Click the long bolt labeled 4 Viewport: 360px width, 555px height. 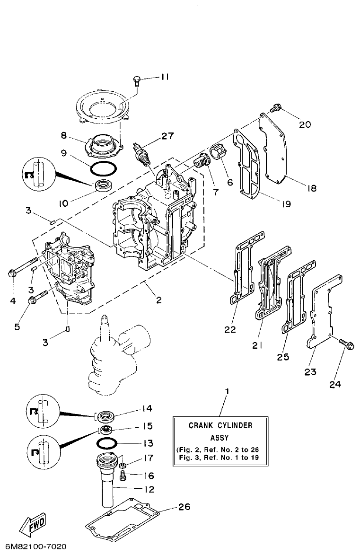[24, 266]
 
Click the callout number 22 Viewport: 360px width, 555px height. [230, 330]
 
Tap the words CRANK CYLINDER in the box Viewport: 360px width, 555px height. [220, 425]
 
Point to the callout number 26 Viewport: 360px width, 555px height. [184, 507]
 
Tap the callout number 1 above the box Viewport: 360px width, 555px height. [228, 392]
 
